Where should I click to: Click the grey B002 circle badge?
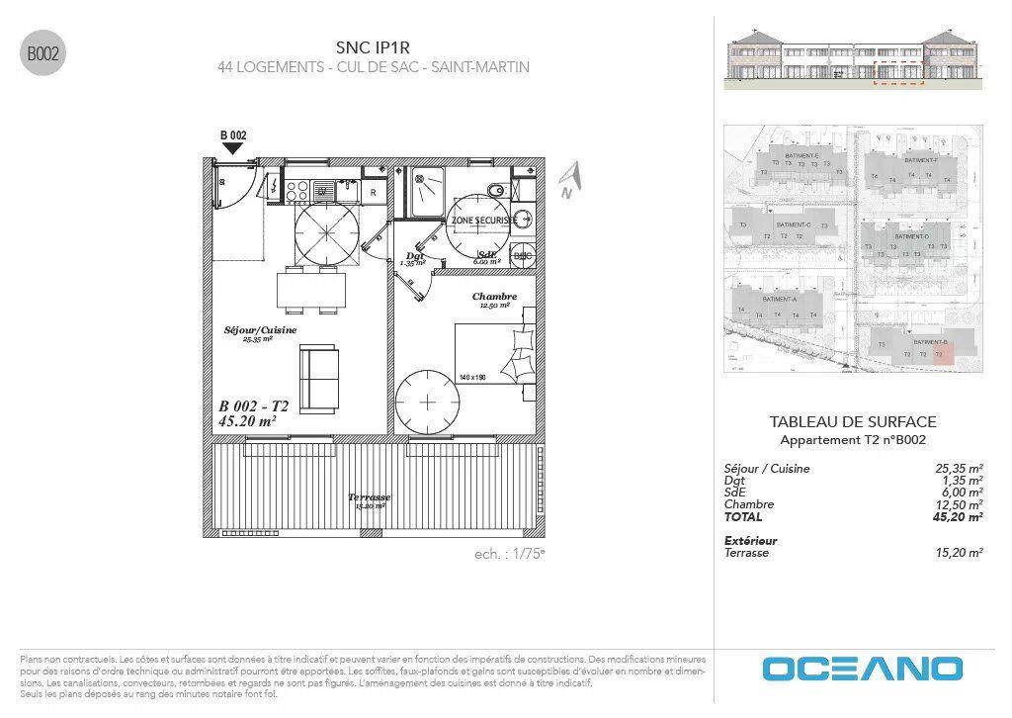(42, 54)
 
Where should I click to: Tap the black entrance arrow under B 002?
(232, 148)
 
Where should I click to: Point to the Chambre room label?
(494, 297)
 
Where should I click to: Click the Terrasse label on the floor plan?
(370, 497)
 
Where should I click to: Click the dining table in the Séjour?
(311, 290)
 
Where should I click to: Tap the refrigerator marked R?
(373, 192)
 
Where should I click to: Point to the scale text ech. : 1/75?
(509, 554)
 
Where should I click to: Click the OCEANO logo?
(862, 669)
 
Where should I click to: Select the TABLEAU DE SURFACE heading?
(852, 421)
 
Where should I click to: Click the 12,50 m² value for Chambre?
(959, 504)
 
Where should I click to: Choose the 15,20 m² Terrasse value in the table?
(959, 553)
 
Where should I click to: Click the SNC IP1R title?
(373, 46)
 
